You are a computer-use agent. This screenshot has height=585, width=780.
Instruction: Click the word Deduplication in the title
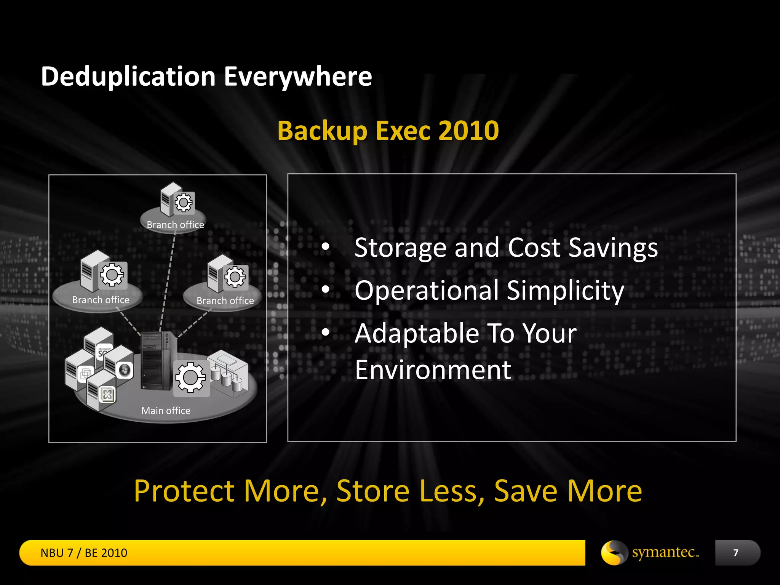[128, 77]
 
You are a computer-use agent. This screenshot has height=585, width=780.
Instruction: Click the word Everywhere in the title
[297, 77]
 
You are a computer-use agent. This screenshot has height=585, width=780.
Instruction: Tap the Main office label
[166, 411]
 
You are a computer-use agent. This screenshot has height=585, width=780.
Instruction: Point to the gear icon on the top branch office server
[184, 203]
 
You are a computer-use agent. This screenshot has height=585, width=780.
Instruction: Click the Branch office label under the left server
[101, 300]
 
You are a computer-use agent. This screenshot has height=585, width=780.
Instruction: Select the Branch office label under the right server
[225, 301]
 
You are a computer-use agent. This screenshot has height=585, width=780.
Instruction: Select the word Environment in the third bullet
[433, 370]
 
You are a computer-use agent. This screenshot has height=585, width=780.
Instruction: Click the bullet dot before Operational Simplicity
[325, 289]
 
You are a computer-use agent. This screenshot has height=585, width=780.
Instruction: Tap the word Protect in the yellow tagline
[184, 491]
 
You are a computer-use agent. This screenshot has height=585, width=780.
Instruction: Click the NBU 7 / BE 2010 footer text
[84, 553]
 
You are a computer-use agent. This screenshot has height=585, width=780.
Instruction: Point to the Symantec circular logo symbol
[614, 553]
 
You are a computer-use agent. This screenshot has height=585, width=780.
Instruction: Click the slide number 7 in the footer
[735, 553]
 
